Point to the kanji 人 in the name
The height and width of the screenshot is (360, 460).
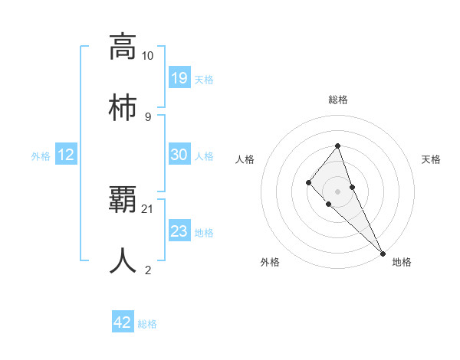[x=123, y=260]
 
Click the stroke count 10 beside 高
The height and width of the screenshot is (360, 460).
[x=148, y=56]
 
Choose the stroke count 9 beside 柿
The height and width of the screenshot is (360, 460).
[x=148, y=116]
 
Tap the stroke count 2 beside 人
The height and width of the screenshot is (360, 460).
[x=148, y=270]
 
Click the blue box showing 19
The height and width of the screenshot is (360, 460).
[x=179, y=77]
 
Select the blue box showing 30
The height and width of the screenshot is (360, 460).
[x=179, y=155]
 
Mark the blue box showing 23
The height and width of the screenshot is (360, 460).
[x=179, y=231]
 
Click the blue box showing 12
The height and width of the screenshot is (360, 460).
[x=66, y=155]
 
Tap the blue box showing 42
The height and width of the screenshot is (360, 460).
[x=123, y=322]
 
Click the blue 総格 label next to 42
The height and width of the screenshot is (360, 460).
[x=147, y=324]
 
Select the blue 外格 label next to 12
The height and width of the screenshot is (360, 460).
[x=41, y=156]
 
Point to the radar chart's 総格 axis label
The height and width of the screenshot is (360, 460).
[x=337, y=100]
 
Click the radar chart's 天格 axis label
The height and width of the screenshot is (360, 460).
[x=431, y=159]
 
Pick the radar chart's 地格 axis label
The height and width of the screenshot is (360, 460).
[x=402, y=262]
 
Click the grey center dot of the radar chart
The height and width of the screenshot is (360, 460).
[x=337, y=191]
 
